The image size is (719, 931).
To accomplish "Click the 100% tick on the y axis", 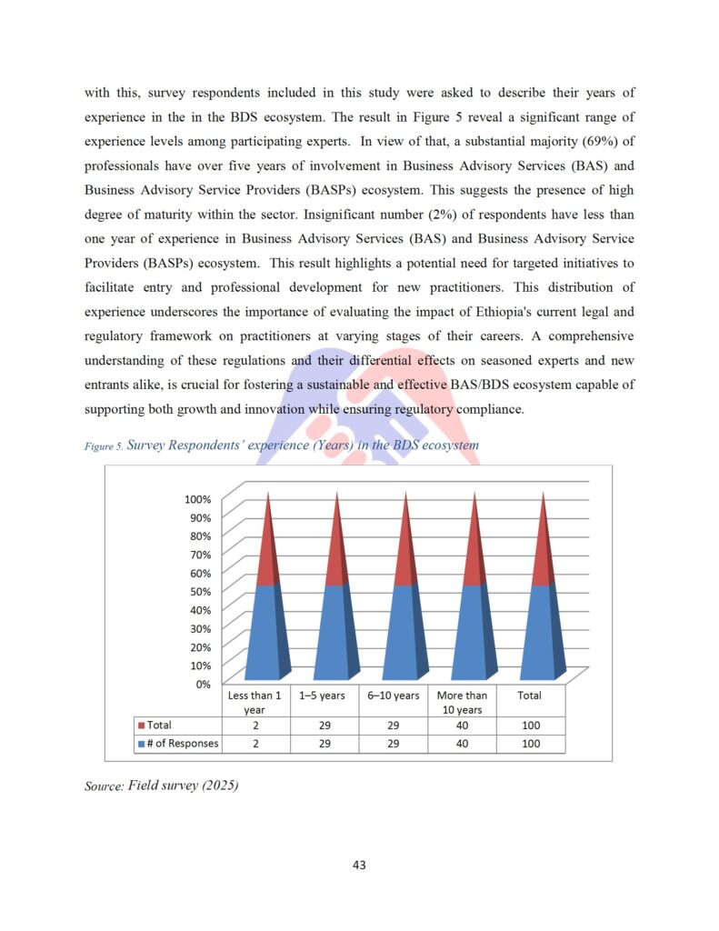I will pos(198,499).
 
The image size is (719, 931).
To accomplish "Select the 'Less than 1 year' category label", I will pos(255,702).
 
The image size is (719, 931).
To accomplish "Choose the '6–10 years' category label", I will pos(394,696).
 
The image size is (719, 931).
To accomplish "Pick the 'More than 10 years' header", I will pos(462,702).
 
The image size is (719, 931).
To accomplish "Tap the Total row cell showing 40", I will pos(462,726).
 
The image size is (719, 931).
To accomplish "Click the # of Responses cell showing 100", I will pos(531,744).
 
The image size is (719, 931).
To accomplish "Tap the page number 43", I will pos(359,865).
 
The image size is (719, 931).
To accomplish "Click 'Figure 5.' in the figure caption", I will pos(103,446).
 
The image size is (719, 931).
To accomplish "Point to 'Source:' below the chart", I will pos(104,786).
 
